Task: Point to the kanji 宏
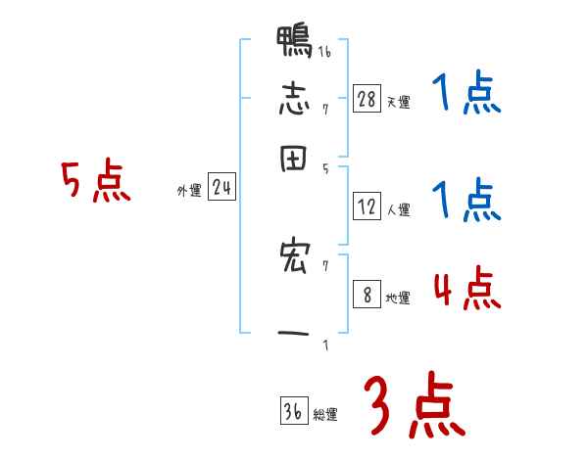point(294,258)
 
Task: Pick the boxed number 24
point(221,189)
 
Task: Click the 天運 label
point(398,101)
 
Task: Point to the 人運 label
point(398,208)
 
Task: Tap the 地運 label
point(398,299)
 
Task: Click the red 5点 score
point(95,182)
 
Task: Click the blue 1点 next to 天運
point(466,95)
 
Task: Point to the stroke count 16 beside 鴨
point(323,51)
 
